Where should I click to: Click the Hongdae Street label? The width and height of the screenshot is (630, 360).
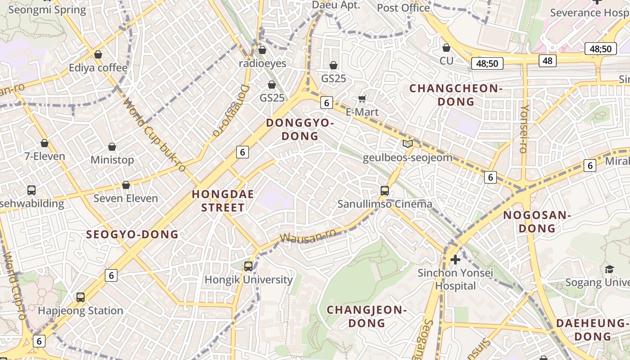[223, 201]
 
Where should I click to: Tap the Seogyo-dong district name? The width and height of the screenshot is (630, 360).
[132, 234]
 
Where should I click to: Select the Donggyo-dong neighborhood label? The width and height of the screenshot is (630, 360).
[300, 129]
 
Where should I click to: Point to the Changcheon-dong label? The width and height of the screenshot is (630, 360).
[456, 95]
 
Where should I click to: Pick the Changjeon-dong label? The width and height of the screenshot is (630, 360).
[367, 316]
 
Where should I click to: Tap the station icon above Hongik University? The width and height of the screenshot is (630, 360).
[248, 266]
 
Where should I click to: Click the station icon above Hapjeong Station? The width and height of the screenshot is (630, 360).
[81, 297]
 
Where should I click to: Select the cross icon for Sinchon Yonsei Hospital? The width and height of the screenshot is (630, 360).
[455, 260]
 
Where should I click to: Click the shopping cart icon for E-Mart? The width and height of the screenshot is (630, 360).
[362, 99]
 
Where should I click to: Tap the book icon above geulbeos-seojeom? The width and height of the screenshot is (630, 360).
[407, 144]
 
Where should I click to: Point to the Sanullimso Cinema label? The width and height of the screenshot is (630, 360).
[385, 204]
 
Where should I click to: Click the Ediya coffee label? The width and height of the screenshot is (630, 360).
[98, 68]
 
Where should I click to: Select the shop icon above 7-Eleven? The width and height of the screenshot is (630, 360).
[45, 143]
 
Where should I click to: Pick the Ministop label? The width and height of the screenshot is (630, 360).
[112, 160]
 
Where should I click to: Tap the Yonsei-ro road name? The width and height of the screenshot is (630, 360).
[524, 129]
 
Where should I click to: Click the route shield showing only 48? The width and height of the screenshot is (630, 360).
[547, 60]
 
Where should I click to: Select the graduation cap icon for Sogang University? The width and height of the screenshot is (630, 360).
[609, 269]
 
